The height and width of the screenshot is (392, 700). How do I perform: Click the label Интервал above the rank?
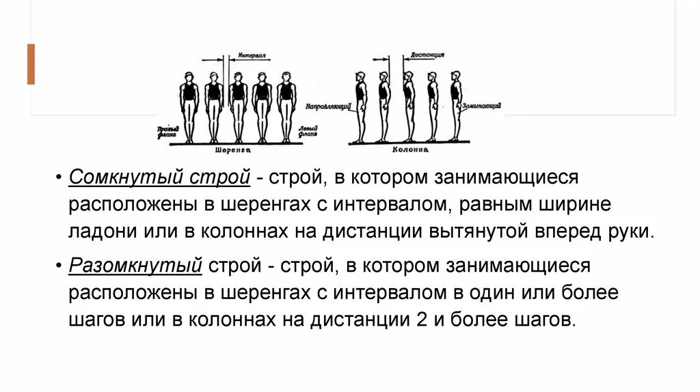[x=252, y=55]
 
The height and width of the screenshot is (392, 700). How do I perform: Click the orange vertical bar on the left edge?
[x=31, y=64]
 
